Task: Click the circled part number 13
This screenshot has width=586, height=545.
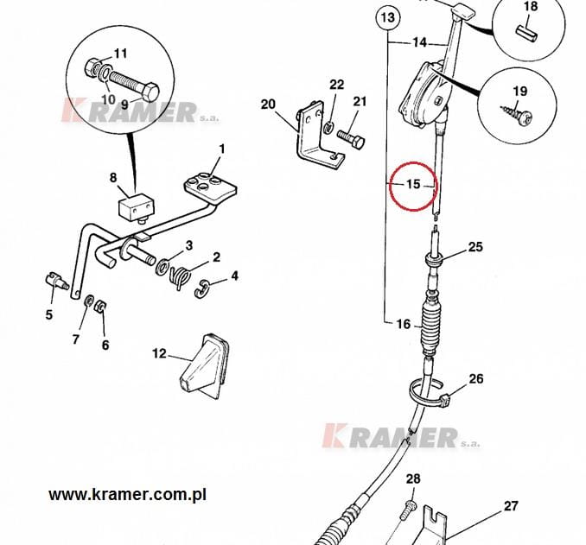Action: [x=388, y=17]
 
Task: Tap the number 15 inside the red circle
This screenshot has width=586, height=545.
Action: [x=413, y=184]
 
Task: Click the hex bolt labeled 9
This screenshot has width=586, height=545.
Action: [x=135, y=85]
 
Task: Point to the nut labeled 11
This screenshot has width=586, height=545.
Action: [x=92, y=67]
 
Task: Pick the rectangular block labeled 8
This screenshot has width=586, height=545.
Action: [x=136, y=207]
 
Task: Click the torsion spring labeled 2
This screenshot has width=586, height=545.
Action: [x=180, y=278]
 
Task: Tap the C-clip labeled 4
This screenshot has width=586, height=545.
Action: [x=202, y=288]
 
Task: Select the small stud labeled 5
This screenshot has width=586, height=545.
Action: [x=56, y=280]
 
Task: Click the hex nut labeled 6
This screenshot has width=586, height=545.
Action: [x=99, y=307]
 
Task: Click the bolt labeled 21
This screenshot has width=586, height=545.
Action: [x=351, y=139]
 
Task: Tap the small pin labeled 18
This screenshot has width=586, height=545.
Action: [x=527, y=33]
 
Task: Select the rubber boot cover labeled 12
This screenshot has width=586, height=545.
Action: [x=204, y=366]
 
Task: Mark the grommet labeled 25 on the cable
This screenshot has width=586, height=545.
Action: [x=435, y=259]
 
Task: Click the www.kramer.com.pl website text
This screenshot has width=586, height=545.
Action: [x=127, y=495]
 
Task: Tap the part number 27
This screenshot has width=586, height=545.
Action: [x=511, y=506]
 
